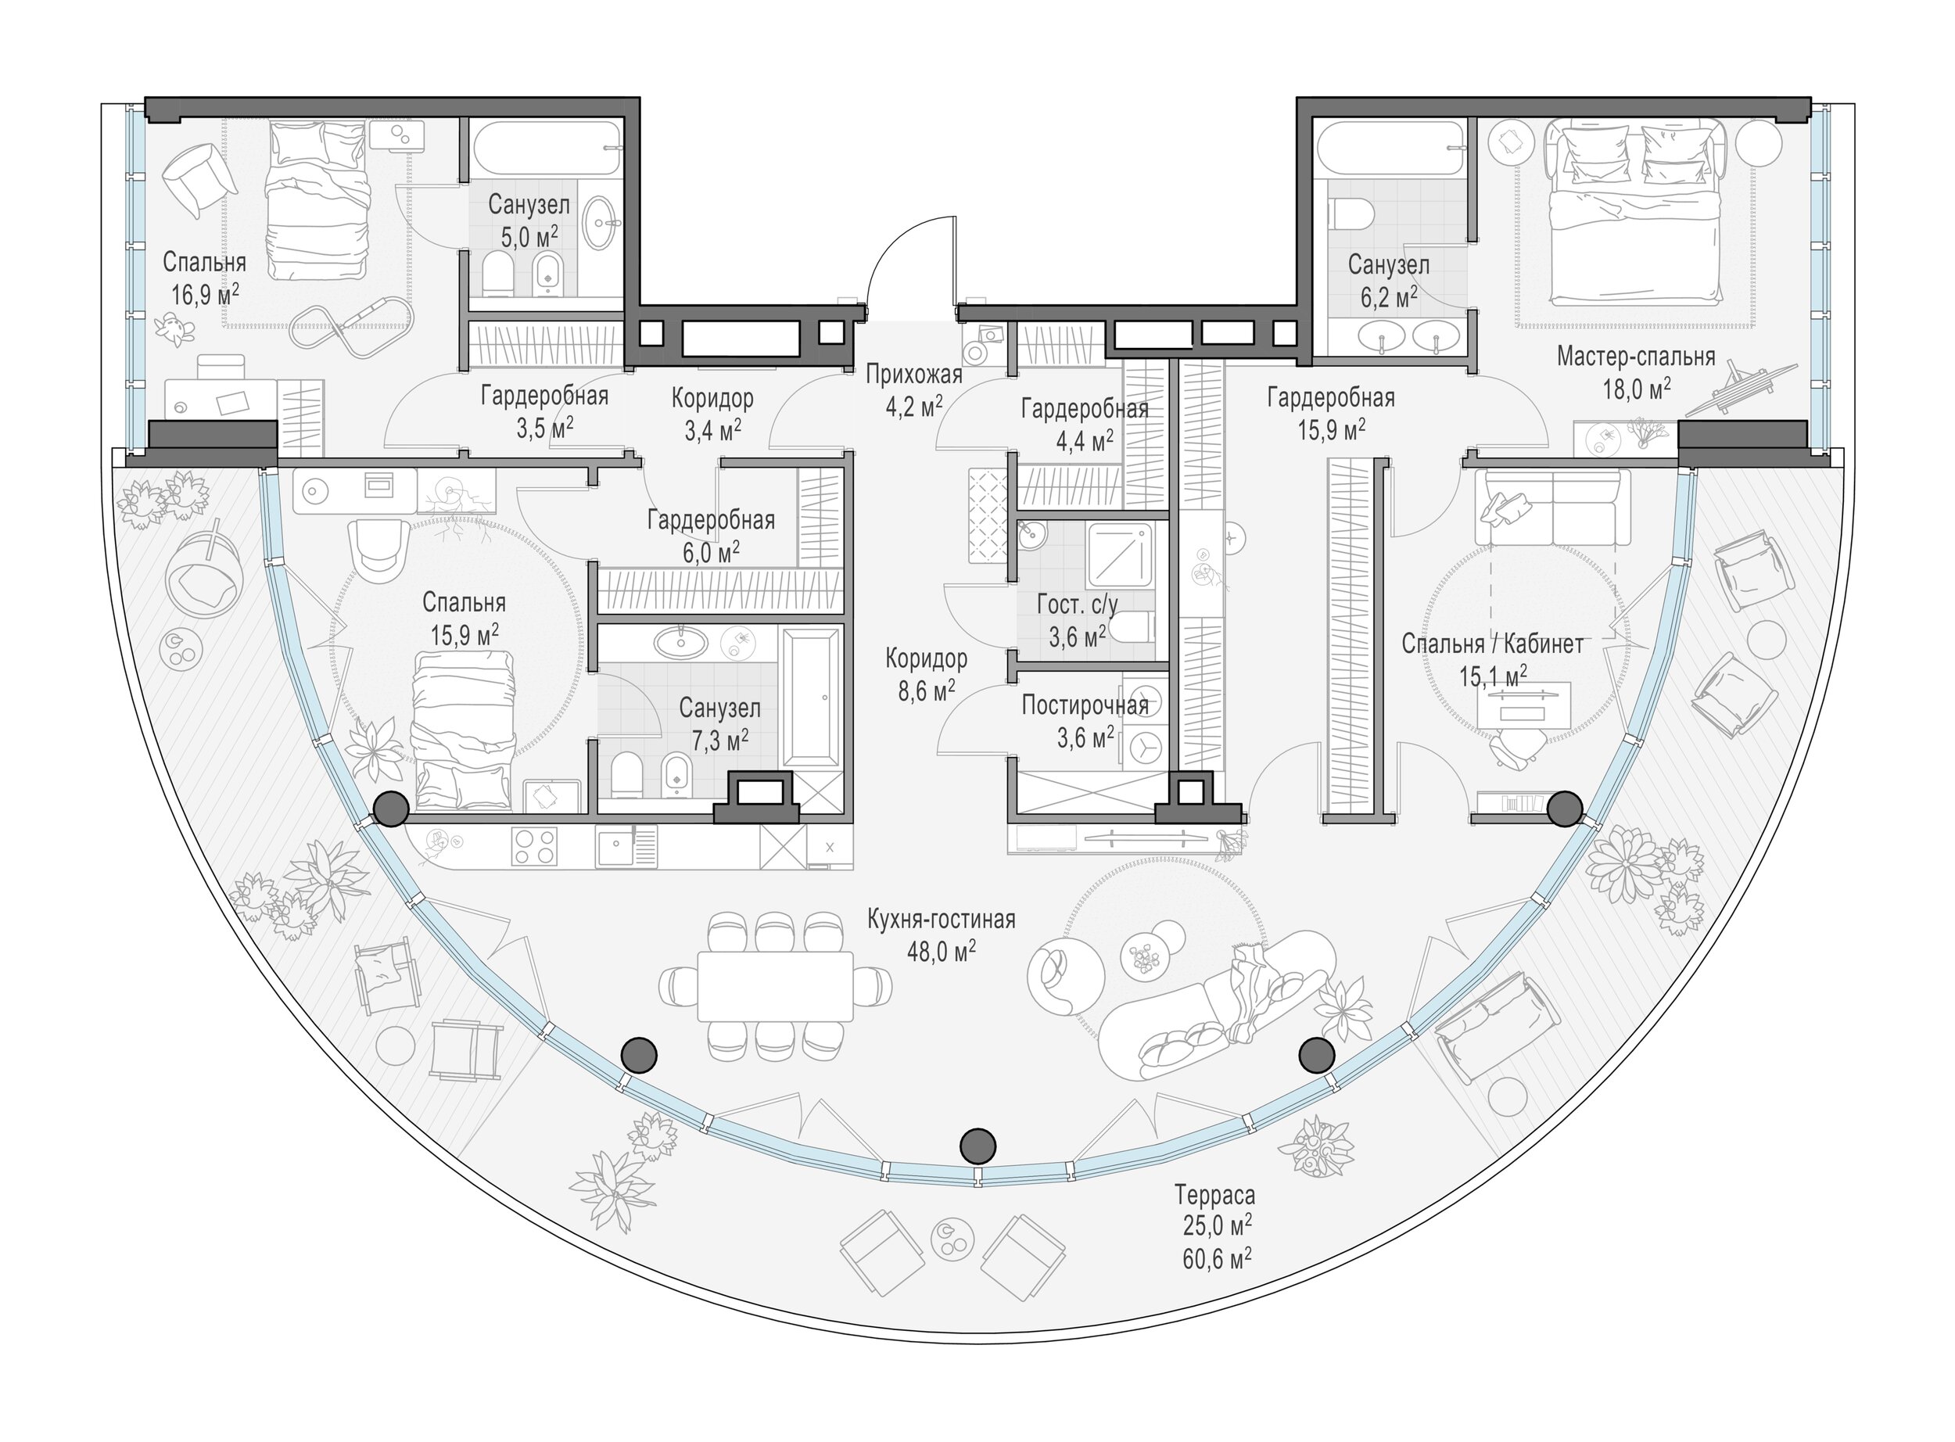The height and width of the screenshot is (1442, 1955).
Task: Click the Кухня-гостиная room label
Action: [x=941, y=920]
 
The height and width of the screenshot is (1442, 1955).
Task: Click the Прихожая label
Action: [x=914, y=375]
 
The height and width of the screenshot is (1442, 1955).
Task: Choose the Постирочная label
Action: [x=1085, y=705]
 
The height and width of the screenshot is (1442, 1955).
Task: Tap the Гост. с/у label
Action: [x=1077, y=604]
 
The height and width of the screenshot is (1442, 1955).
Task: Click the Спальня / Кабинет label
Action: [x=1492, y=644]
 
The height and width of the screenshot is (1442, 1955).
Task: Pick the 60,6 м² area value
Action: [x=1218, y=1257]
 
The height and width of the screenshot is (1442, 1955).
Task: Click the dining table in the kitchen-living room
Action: [x=775, y=986]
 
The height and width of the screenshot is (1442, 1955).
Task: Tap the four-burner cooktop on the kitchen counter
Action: [x=535, y=846]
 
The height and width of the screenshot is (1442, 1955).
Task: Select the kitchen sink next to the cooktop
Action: [x=626, y=846]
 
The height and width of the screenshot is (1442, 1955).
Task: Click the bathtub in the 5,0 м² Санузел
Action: [x=547, y=151]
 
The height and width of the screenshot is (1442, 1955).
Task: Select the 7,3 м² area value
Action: [x=720, y=741]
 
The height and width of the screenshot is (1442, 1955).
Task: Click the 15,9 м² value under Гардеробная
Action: [x=1331, y=430]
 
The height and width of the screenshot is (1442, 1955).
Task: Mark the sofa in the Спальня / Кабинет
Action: [x=1552, y=508]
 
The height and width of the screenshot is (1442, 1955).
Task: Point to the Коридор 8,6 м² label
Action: [x=926, y=674]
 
